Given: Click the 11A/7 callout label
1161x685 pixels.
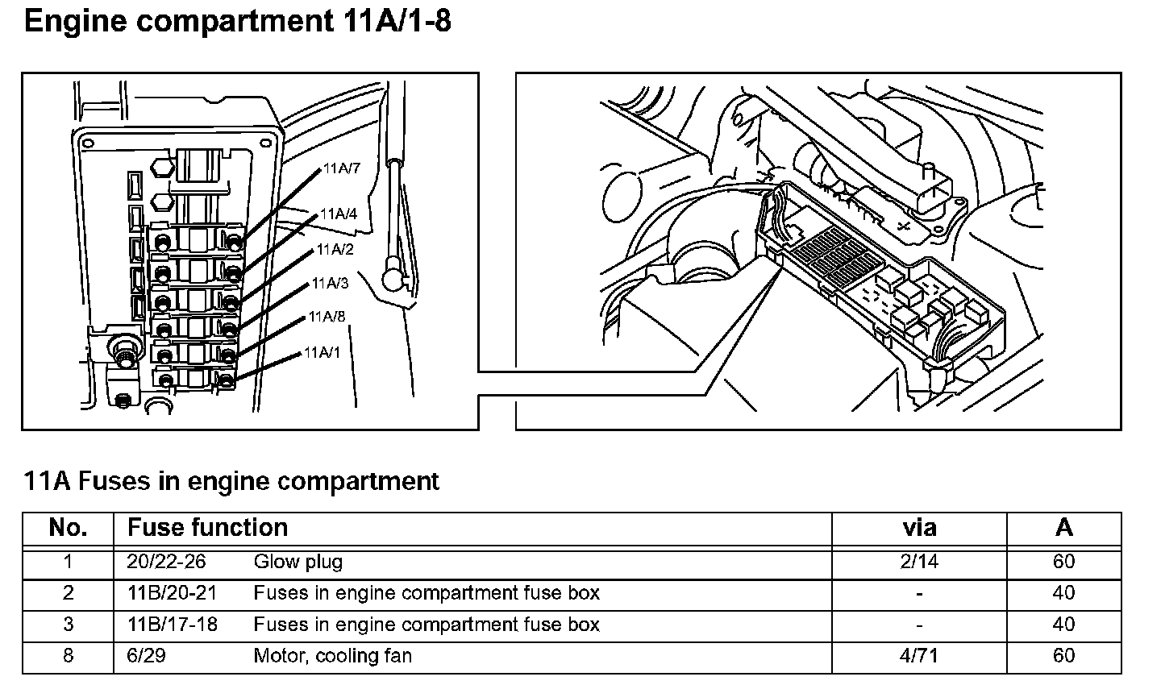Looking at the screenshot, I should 342,168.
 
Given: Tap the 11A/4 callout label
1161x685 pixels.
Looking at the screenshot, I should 339,214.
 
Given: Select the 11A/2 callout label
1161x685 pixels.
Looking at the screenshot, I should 335,249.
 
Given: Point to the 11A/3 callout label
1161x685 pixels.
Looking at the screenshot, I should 331,283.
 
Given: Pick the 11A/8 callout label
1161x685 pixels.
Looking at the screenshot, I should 327,317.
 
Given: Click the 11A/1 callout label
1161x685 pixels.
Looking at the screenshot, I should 322,352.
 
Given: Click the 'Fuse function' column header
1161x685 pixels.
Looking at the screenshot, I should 207,528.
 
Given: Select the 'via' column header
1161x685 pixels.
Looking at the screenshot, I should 919,528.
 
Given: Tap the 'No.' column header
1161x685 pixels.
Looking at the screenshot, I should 68,528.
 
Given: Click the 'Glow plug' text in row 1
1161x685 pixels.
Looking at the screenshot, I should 298,562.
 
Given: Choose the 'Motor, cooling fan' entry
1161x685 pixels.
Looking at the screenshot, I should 332,656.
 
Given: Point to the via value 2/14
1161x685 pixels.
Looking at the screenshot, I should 919,562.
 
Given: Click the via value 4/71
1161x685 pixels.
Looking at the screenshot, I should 919,656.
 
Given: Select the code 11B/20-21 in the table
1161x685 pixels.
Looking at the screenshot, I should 172,593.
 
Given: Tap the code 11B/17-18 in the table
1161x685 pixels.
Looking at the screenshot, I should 172,625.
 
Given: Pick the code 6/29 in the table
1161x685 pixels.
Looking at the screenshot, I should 146,656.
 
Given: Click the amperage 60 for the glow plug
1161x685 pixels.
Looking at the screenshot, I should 1064,562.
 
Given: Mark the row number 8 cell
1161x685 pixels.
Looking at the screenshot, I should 68,656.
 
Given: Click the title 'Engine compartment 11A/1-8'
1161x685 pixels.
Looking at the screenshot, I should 238,22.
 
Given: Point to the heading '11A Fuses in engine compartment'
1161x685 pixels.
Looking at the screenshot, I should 232,481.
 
